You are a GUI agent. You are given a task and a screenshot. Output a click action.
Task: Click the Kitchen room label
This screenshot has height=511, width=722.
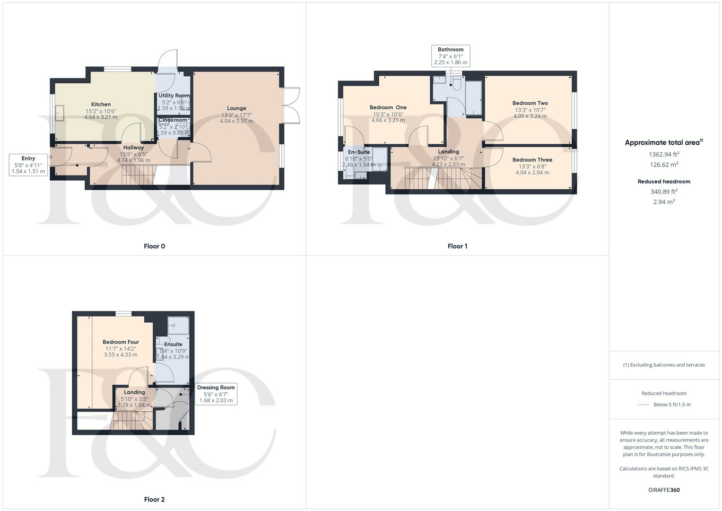(x=101, y=105)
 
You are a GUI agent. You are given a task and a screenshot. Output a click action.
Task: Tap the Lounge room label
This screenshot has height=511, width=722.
(x=236, y=108)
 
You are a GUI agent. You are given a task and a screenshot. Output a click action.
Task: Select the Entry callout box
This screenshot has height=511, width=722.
(x=28, y=165)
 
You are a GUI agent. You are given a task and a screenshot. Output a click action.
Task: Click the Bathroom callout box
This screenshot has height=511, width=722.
(x=451, y=56)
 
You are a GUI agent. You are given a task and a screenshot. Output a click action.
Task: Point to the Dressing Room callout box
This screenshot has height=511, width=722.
(x=216, y=394)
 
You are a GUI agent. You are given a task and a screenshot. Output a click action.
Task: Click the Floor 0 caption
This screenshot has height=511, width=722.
(x=155, y=246)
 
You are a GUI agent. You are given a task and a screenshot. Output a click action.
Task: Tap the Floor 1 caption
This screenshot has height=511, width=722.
(x=457, y=246)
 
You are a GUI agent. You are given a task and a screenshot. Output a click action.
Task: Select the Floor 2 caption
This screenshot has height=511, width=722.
(x=155, y=499)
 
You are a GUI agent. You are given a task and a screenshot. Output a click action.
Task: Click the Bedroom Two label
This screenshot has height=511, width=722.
(x=530, y=103)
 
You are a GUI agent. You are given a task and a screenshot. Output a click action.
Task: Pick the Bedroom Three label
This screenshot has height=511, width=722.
(x=532, y=160)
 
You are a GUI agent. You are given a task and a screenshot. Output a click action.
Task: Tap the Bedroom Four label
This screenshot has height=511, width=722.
(x=121, y=342)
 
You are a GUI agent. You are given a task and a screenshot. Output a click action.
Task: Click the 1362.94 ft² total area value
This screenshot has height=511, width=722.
(x=664, y=154)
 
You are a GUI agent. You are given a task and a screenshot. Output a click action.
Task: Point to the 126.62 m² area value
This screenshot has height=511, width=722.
(x=664, y=165)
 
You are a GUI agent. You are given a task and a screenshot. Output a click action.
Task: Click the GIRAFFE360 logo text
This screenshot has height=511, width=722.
(x=664, y=490)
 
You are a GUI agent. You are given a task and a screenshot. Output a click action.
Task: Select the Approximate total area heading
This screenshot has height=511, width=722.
(x=663, y=142)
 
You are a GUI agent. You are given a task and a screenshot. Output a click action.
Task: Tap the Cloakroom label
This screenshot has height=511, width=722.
(x=173, y=120)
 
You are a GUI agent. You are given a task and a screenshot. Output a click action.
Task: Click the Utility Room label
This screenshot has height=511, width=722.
(x=174, y=96)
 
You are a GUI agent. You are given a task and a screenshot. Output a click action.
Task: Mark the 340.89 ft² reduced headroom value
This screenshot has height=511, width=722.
(x=664, y=192)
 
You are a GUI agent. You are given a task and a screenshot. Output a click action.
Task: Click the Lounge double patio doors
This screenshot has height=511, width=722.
(x=292, y=105)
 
